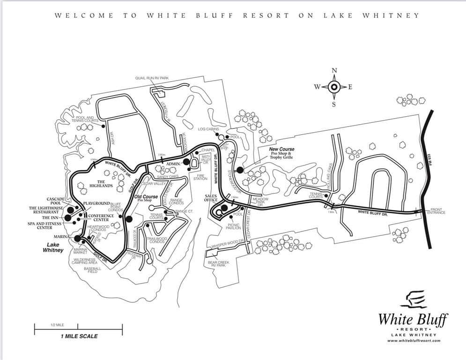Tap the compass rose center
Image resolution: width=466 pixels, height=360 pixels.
click(x=334, y=87)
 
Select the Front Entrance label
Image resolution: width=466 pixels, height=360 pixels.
click(x=436, y=211)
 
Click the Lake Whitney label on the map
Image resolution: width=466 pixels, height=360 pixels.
click(x=52, y=247)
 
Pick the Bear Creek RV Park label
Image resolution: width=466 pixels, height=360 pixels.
click(x=219, y=263)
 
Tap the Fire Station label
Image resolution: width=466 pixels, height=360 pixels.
click(x=200, y=177)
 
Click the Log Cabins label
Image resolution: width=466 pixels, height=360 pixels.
click(x=208, y=129)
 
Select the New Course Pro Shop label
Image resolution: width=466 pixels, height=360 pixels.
click(x=282, y=152)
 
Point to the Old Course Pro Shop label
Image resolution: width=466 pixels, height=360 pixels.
click(x=147, y=198)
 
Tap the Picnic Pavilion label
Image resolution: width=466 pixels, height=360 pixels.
click(x=233, y=226)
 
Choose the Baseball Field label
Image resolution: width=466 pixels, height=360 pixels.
click(x=93, y=270)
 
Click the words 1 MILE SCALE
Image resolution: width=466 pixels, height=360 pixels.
click(x=79, y=336)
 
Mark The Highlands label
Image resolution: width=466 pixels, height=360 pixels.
click(x=101, y=183)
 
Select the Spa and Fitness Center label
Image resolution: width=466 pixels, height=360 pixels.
click(x=45, y=226)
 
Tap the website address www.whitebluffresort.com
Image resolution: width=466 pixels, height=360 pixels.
click(x=414, y=341)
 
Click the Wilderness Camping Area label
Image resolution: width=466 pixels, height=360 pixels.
click(x=85, y=261)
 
